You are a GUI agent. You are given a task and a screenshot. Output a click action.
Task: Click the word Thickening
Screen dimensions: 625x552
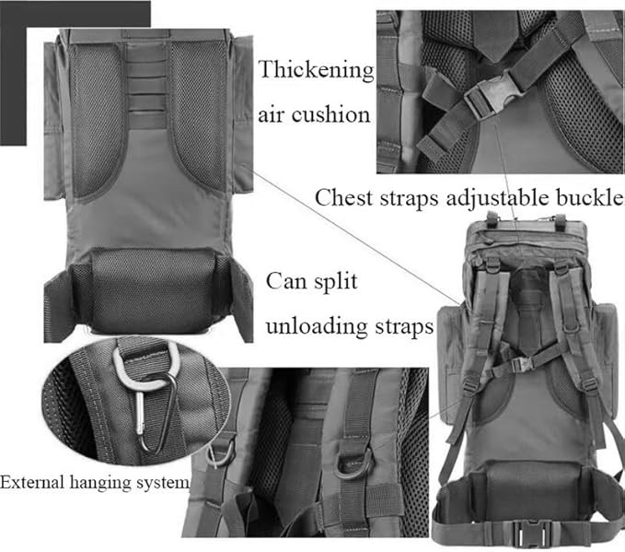316,70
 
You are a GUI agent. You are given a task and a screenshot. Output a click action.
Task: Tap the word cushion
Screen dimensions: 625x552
330,115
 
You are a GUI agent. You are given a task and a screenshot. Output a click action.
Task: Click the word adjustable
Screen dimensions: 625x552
497,198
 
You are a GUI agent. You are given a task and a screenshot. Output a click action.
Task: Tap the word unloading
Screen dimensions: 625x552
317,326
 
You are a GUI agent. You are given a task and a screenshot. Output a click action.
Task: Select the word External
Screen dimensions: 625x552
32,482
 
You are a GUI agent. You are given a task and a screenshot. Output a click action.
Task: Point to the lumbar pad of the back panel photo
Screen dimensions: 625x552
153,290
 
